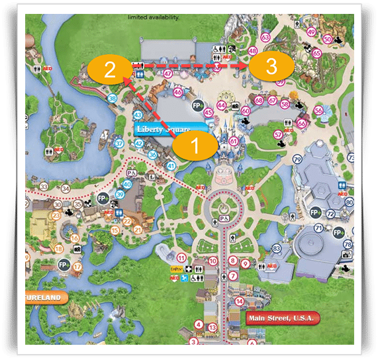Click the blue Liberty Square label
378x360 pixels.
[x=163, y=129]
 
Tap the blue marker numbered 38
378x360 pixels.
[x=112, y=99]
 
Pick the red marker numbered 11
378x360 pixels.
[x=181, y=257]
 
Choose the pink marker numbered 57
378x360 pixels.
[x=278, y=134]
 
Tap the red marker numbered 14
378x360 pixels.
[x=238, y=301]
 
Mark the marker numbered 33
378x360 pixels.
[x=43, y=187]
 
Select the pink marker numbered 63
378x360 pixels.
[x=265, y=37]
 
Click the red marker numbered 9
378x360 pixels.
[x=244, y=263]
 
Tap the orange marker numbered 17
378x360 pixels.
[x=77, y=267]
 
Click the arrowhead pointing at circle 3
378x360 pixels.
[x=244, y=67]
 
